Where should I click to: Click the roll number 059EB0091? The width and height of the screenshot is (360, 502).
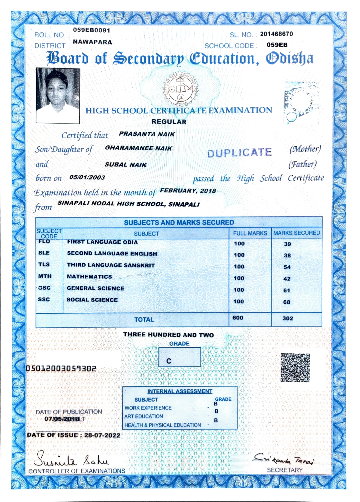point(92,30)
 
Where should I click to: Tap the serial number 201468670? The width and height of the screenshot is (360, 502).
point(276,34)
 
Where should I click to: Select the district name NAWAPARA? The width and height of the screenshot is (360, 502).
point(93,42)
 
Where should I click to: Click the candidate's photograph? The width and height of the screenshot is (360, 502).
point(58,96)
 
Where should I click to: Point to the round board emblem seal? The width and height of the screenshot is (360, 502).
point(181,90)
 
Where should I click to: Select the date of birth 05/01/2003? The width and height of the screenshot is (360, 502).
point(87,178)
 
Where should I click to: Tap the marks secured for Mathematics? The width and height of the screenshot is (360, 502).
point(287,279)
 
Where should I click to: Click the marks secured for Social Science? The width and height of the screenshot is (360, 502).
point(287,302)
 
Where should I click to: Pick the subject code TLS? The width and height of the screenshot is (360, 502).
point(44,265)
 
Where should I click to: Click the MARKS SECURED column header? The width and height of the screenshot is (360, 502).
point(296,233)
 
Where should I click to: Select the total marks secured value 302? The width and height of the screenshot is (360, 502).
point(288,319)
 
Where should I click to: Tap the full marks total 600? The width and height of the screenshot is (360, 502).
point(238,318)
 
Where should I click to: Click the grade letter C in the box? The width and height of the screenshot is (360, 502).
point(169,361)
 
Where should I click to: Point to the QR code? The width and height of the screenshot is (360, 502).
point(295,368)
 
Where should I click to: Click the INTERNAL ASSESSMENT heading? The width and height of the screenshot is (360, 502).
point(180,391)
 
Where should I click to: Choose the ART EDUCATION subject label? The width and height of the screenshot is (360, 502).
point(144,417)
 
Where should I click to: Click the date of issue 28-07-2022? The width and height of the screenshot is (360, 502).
point(102,435)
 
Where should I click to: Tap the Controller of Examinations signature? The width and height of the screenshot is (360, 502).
point(72,459)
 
